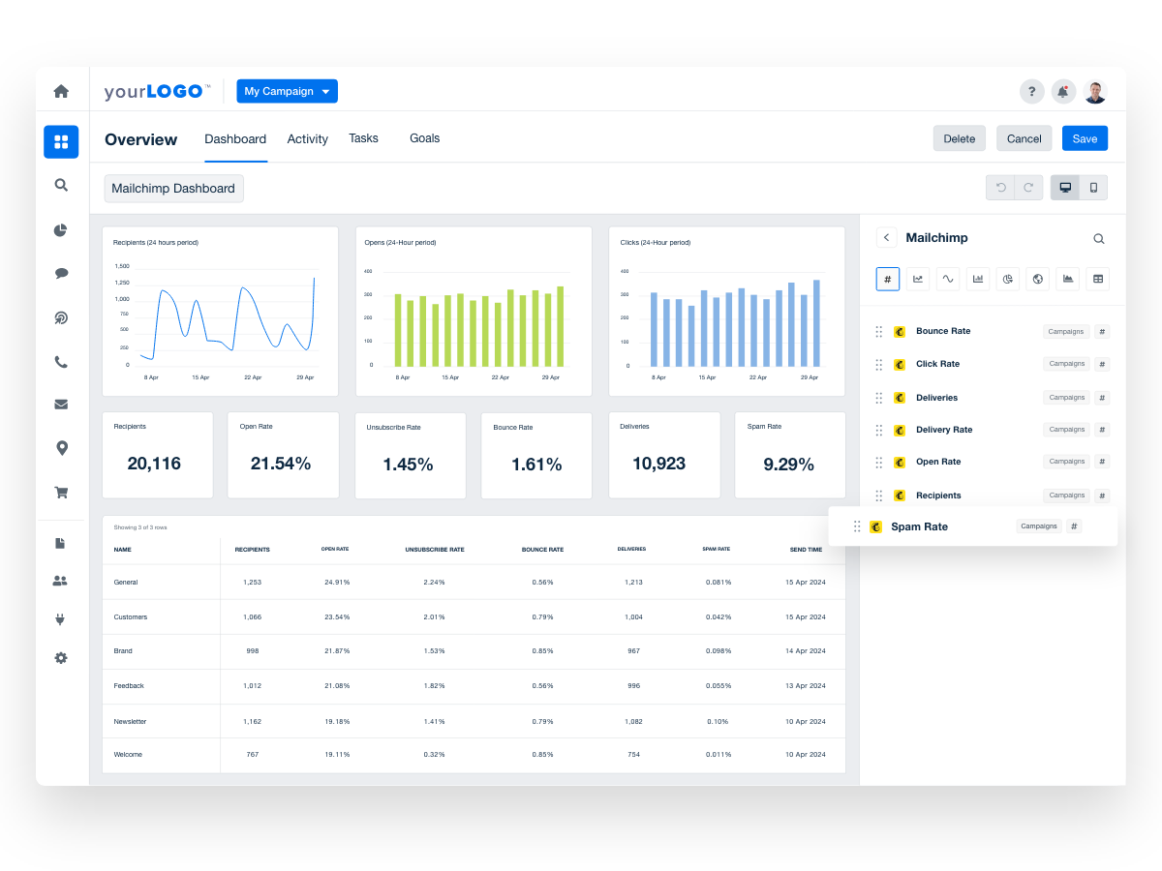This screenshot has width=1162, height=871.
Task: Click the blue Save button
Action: tap(1085, 138)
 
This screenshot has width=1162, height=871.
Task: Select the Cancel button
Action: tap(1024, 138)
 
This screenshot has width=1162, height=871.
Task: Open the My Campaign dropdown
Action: tap(287, 91)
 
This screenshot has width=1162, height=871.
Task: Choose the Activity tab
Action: tap(307, 138)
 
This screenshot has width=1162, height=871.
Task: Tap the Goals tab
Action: tap(424, 138)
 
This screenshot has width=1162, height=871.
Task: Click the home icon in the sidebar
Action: tap(61, 91)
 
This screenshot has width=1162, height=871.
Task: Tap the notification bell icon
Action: tap(1063, 92)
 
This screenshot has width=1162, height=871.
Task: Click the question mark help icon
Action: tap(1031, 92)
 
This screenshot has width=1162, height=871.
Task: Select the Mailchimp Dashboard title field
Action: tap(173, 189)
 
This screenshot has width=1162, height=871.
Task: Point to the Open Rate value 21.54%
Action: tap(281, 464)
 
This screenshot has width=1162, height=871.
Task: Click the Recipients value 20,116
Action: tap(154, 464)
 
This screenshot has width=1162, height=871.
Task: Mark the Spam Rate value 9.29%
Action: tap(788, 464)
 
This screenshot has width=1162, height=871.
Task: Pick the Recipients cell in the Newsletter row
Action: tap(252, 721)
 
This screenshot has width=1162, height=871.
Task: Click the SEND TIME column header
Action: tap(806, 550)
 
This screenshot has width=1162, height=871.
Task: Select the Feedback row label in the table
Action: tap(129, 685)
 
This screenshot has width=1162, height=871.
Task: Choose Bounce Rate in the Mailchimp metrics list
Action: tap(942, 331)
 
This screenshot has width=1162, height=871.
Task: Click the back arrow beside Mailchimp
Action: tap(886, 237)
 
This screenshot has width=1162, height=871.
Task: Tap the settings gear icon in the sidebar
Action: tap(61, 658)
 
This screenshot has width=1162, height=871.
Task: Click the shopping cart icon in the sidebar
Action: tap(61, 492)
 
